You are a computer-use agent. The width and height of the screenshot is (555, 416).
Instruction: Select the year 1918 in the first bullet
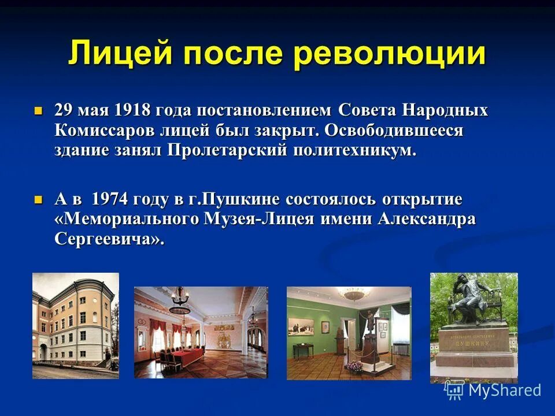click(132, 110)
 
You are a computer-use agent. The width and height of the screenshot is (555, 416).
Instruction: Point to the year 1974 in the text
click(110, 200)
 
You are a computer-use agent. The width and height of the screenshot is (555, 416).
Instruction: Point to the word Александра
click(427, 220)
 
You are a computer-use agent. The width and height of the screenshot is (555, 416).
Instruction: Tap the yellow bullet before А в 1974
click(39, 200)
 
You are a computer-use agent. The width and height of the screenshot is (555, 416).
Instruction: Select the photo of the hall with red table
click(201, 332)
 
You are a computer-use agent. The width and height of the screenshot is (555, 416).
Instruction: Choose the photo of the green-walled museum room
click(349, 333)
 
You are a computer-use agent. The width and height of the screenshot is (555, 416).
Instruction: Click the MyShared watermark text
click(504, 390)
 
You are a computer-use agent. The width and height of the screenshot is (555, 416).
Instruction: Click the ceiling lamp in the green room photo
click(353, 295)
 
